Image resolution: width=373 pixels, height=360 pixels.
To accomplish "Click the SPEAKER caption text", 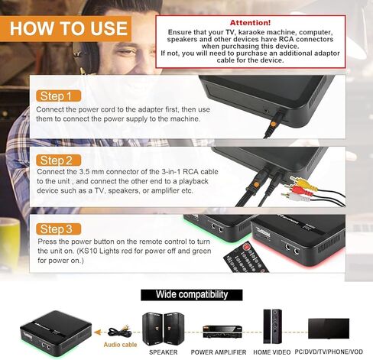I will point(162,352).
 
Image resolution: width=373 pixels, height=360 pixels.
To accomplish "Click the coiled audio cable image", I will point(118,330).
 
